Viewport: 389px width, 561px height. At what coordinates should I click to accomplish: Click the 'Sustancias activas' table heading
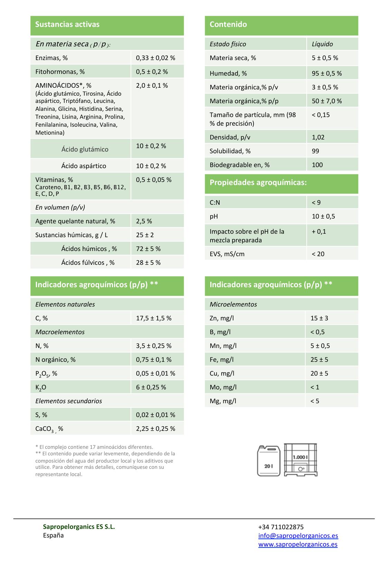pyautogui.click(x=67, y=25)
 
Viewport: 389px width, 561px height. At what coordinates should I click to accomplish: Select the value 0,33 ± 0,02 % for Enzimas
pyautogui.click(x=156, y=58)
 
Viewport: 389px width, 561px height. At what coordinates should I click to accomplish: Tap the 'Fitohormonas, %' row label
pyautogui.click(x=60, y=72)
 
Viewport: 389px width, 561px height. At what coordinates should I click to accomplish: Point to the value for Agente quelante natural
pyautogui.click(x=144, y=221)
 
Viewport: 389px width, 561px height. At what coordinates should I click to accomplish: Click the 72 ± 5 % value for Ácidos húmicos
pyautogui.click(x=148, y=249)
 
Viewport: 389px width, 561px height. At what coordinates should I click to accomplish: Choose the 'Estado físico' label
pyautogui.click(x=228, y=44)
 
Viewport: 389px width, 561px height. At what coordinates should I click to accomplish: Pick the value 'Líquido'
pyautogui.click(x=322, y=44)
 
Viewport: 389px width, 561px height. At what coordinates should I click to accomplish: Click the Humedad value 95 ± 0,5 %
pyautogui.click(x=327, y=74)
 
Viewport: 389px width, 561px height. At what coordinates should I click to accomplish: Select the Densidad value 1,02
pyautogui.click(x=318, y=137)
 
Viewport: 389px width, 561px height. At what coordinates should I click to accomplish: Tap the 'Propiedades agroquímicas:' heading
pyautogui.click(x=258, y=183)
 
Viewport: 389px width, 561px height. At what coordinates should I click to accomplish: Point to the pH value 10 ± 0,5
pyautogui.click(x=323, y=216)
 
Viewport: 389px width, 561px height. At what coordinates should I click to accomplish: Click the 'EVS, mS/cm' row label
pyautogui.click(x=227, y=254)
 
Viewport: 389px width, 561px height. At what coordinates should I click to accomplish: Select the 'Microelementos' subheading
pyautogui.click(x=233, y=304)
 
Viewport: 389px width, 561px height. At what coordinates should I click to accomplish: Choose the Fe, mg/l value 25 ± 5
pyautogui.click(x=319, y=360)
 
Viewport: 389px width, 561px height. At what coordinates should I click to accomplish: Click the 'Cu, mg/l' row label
pyautogui.click(x=222, y=374)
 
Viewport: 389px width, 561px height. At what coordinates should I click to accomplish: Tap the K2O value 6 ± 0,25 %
pyautogui.click(x=151, y=387)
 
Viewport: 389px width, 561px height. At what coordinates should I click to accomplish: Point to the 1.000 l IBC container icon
pyautogui.click(x=300, y=460)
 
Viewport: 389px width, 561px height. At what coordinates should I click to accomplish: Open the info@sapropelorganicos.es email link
pyautogui.click(x=298, y=536)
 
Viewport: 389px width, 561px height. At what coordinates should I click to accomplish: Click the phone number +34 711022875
pyautogui.click(x=281, y=527)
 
